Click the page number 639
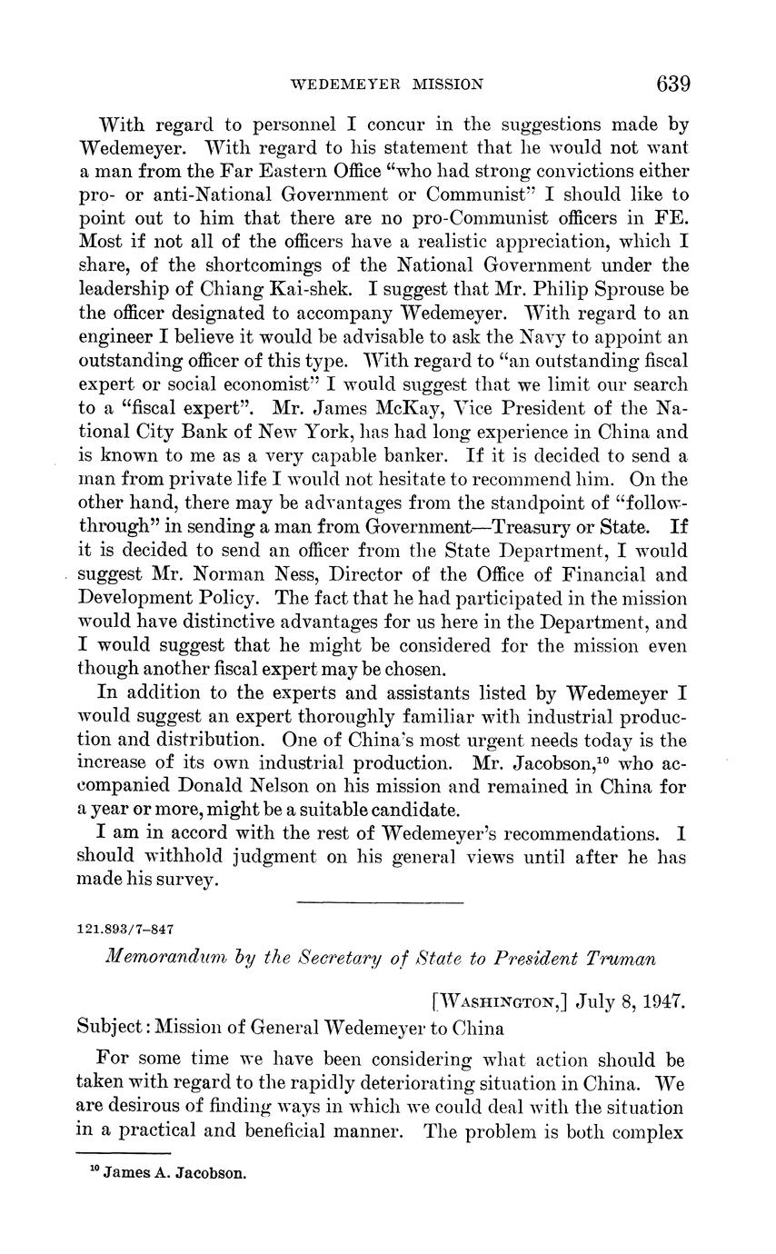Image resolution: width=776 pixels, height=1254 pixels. pyautogui.click(x=673, y=85)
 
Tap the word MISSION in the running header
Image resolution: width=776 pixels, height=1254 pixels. pyautogui.click(x=447, y=85)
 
